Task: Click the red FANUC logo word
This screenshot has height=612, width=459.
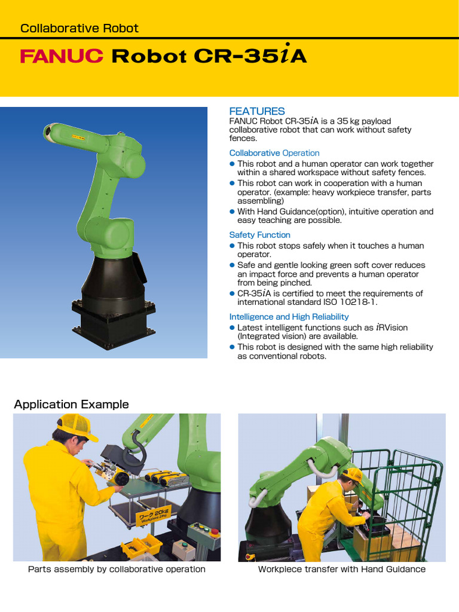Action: pyautogui.click(x=62, y=56)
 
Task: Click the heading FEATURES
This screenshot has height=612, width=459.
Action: pyautogui.click(x=257, y=111)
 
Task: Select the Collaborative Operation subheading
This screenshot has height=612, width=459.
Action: pyautogui.click(x=274, y=153)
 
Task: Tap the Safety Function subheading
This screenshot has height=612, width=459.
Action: pyautogui.click(x=259, y=235)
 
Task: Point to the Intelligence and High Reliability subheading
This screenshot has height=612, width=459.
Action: pyautogui.click(x=289, y=317)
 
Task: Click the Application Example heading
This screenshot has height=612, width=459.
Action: pyautogui.click(x=72, y=405)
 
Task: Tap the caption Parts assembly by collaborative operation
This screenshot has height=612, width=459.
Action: pyautogui.click(x=117, y=569)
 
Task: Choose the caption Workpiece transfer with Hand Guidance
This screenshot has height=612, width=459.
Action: pyautogui.click(x=341, y=569)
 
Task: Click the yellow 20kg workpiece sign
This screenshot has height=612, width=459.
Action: pyautogui.click(x=154, y=515)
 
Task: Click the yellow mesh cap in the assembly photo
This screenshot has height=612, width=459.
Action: pyautogui.click(x=76, y=425)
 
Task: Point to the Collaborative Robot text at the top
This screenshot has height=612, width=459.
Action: pyautogui.click(x=79, y=28)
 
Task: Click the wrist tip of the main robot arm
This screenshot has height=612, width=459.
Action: pyautogui.click(x=48, y=131)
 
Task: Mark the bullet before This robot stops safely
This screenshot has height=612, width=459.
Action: pyautogui.click(x=232, y=246)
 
